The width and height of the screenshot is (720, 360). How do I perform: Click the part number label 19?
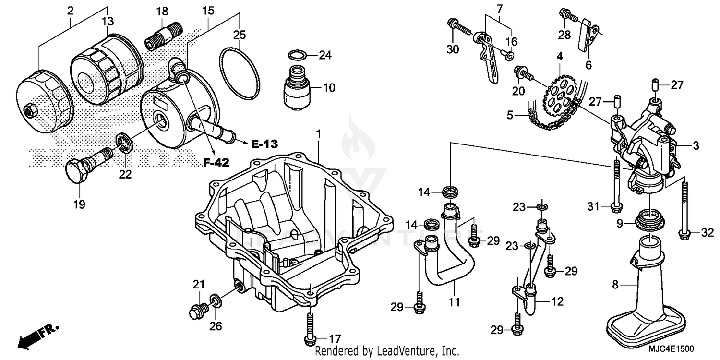[79, 205]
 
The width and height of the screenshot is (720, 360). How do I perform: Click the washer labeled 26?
[216, 301]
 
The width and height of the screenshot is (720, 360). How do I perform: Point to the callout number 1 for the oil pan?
[318, 118]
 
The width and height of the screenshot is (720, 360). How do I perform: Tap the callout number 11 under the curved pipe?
[454, 302]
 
